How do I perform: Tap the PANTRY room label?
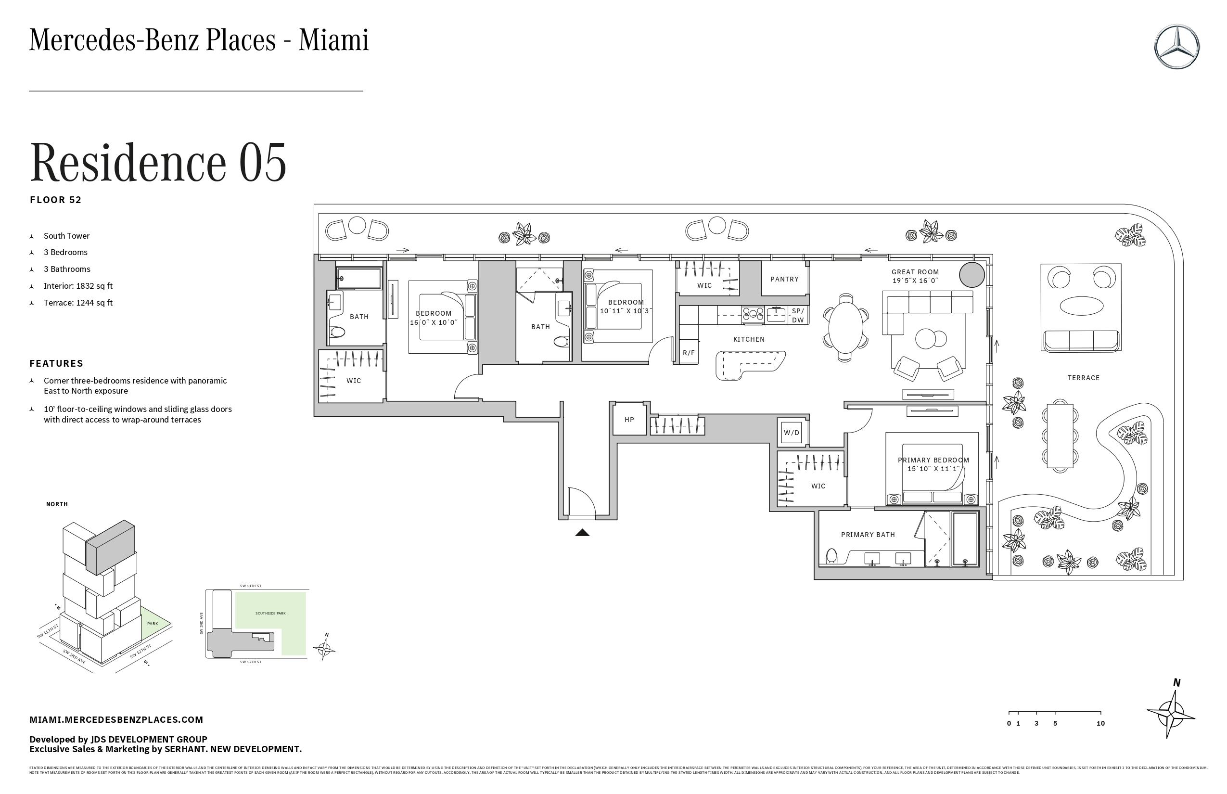coord(784,279)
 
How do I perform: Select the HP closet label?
coord(629,420)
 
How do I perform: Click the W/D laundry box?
coord(792,433)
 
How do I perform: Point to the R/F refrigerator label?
coord(688,353)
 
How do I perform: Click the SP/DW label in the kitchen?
coord(798,316)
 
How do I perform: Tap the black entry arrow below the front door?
coord(582,533)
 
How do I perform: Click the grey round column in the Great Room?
coord(972,274)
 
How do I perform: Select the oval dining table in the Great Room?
coord(845,327)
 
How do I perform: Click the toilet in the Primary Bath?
coord(831,556)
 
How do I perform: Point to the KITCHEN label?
coord(749,339)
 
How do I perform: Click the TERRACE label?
coord(1083,378)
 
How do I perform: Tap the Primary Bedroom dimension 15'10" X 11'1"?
coord(933,469)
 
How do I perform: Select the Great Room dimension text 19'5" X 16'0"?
coord(915,281)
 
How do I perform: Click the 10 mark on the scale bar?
coord(1100,723)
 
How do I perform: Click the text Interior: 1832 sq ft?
coord(78,286)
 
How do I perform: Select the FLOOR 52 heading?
coord(56,200)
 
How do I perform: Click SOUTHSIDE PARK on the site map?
coord(270,614)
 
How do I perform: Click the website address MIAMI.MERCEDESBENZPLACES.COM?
coord(116,720)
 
